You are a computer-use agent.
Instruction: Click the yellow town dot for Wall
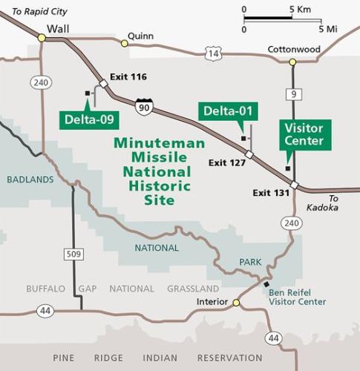42,37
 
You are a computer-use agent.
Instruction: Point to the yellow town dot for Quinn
125,44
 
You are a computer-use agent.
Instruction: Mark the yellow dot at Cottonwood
292,62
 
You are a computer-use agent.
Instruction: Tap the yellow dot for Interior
236,303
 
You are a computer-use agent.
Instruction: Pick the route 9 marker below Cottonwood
292,93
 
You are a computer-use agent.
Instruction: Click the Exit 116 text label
128,76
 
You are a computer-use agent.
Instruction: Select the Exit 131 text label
271,193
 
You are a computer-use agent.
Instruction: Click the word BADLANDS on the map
30,180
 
